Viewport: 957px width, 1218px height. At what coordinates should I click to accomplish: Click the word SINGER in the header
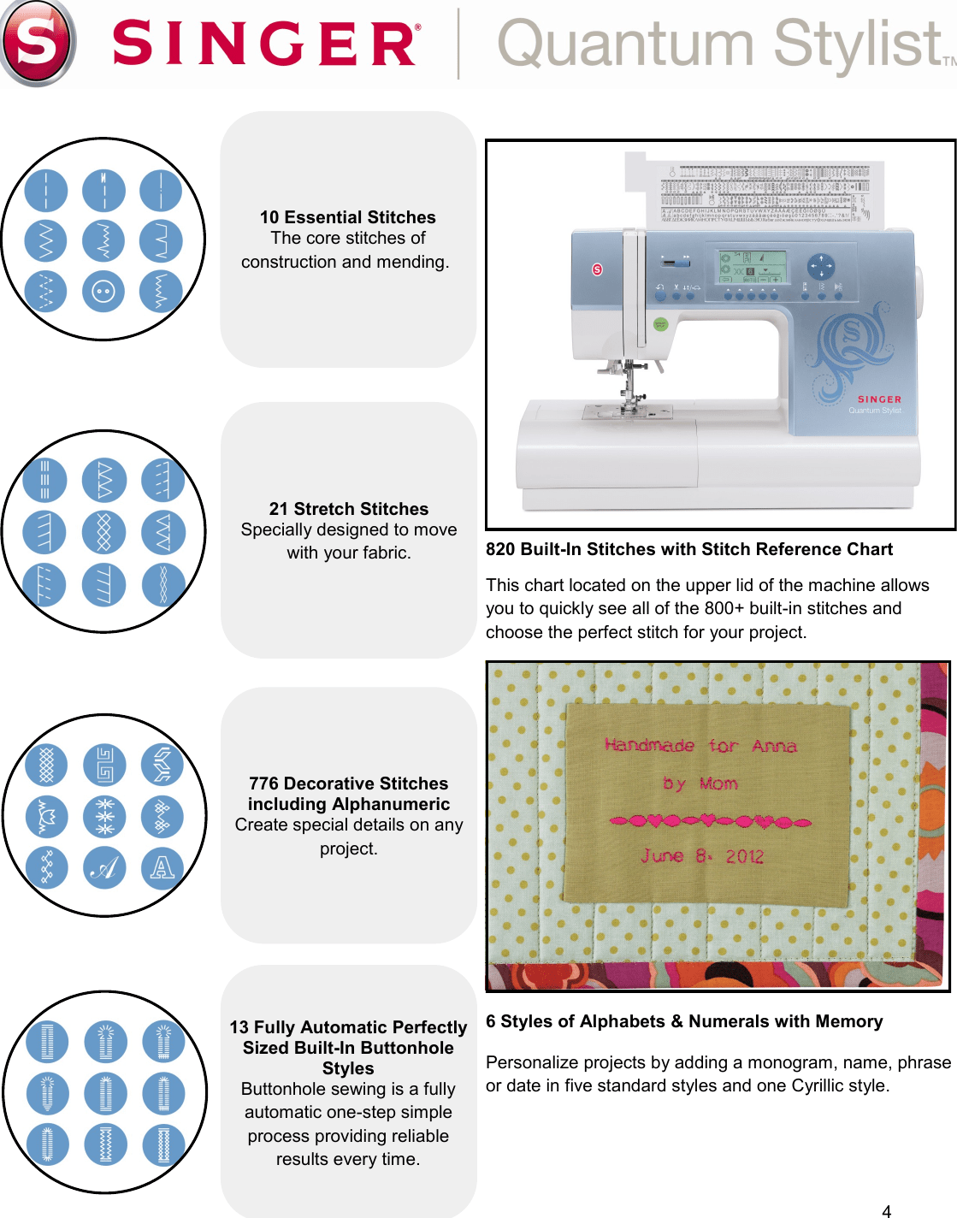point(265,44)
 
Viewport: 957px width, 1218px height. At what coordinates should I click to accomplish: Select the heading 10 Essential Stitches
point(348,217)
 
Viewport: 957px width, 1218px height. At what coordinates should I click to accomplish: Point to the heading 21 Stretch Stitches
point(348,509)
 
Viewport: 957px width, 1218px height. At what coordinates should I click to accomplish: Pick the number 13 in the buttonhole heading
point(239,1027)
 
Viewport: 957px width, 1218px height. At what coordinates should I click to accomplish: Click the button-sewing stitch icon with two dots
point(103,292)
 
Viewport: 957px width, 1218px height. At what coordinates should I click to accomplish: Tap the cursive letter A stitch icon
point(104,868)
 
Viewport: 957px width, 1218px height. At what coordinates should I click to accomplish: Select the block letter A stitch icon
point(162,868)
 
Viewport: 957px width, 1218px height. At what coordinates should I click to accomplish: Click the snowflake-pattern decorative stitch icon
point(104,816)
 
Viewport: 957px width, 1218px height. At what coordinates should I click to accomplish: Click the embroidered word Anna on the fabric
point(774,747)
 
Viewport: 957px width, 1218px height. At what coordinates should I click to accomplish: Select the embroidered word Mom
point(718,783)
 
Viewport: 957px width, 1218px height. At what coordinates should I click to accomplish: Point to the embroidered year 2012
point(744,856)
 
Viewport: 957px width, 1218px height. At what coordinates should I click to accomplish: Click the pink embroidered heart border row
point(710,822)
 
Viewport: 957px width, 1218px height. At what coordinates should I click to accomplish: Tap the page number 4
point(887,1210)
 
